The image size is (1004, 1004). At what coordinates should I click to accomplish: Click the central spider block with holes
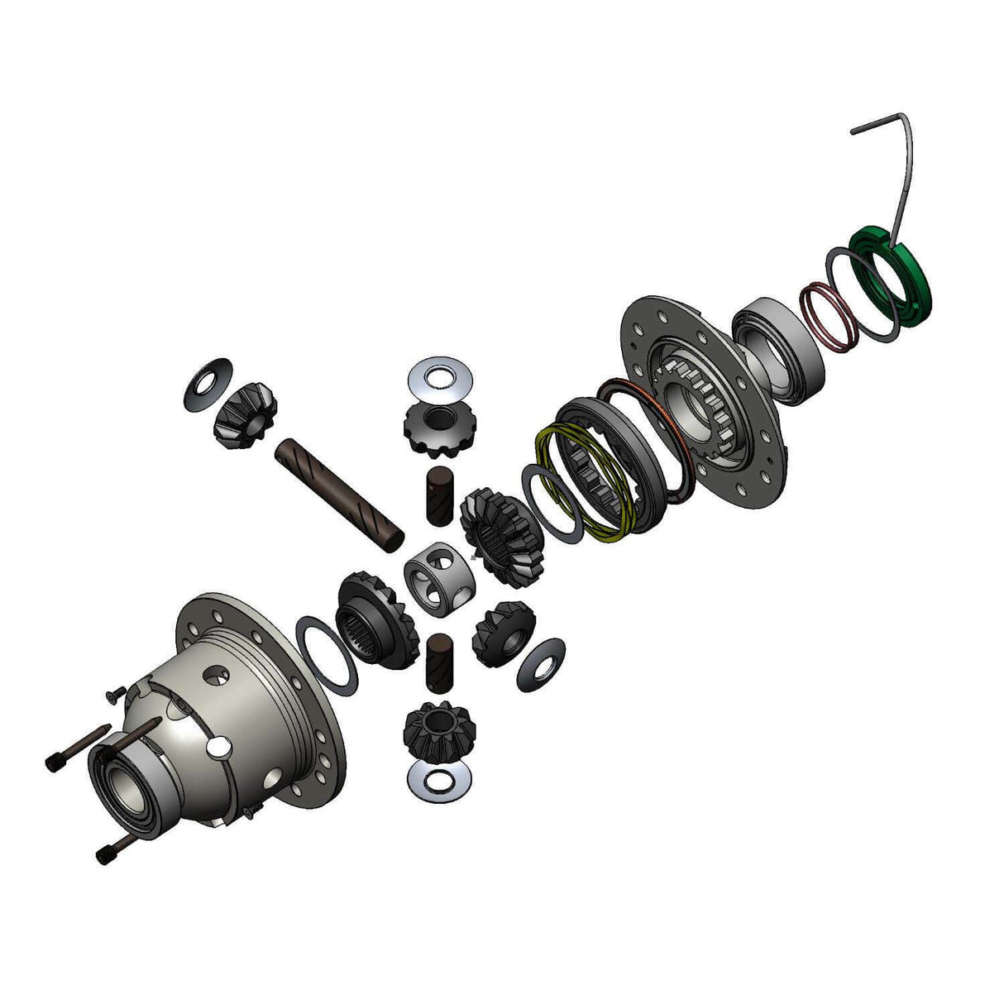(441, 575)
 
